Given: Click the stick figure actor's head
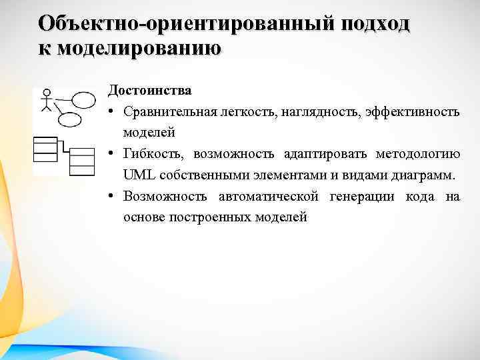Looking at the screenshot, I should (x=47, y=93).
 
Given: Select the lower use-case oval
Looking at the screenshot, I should (x=71, y=120).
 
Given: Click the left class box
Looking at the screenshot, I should (x=45, y=149).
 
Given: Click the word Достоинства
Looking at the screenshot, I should (x=150, y=90).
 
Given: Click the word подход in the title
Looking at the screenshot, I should (x=376, y=24).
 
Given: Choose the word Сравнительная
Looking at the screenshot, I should (x=165, y=111).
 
